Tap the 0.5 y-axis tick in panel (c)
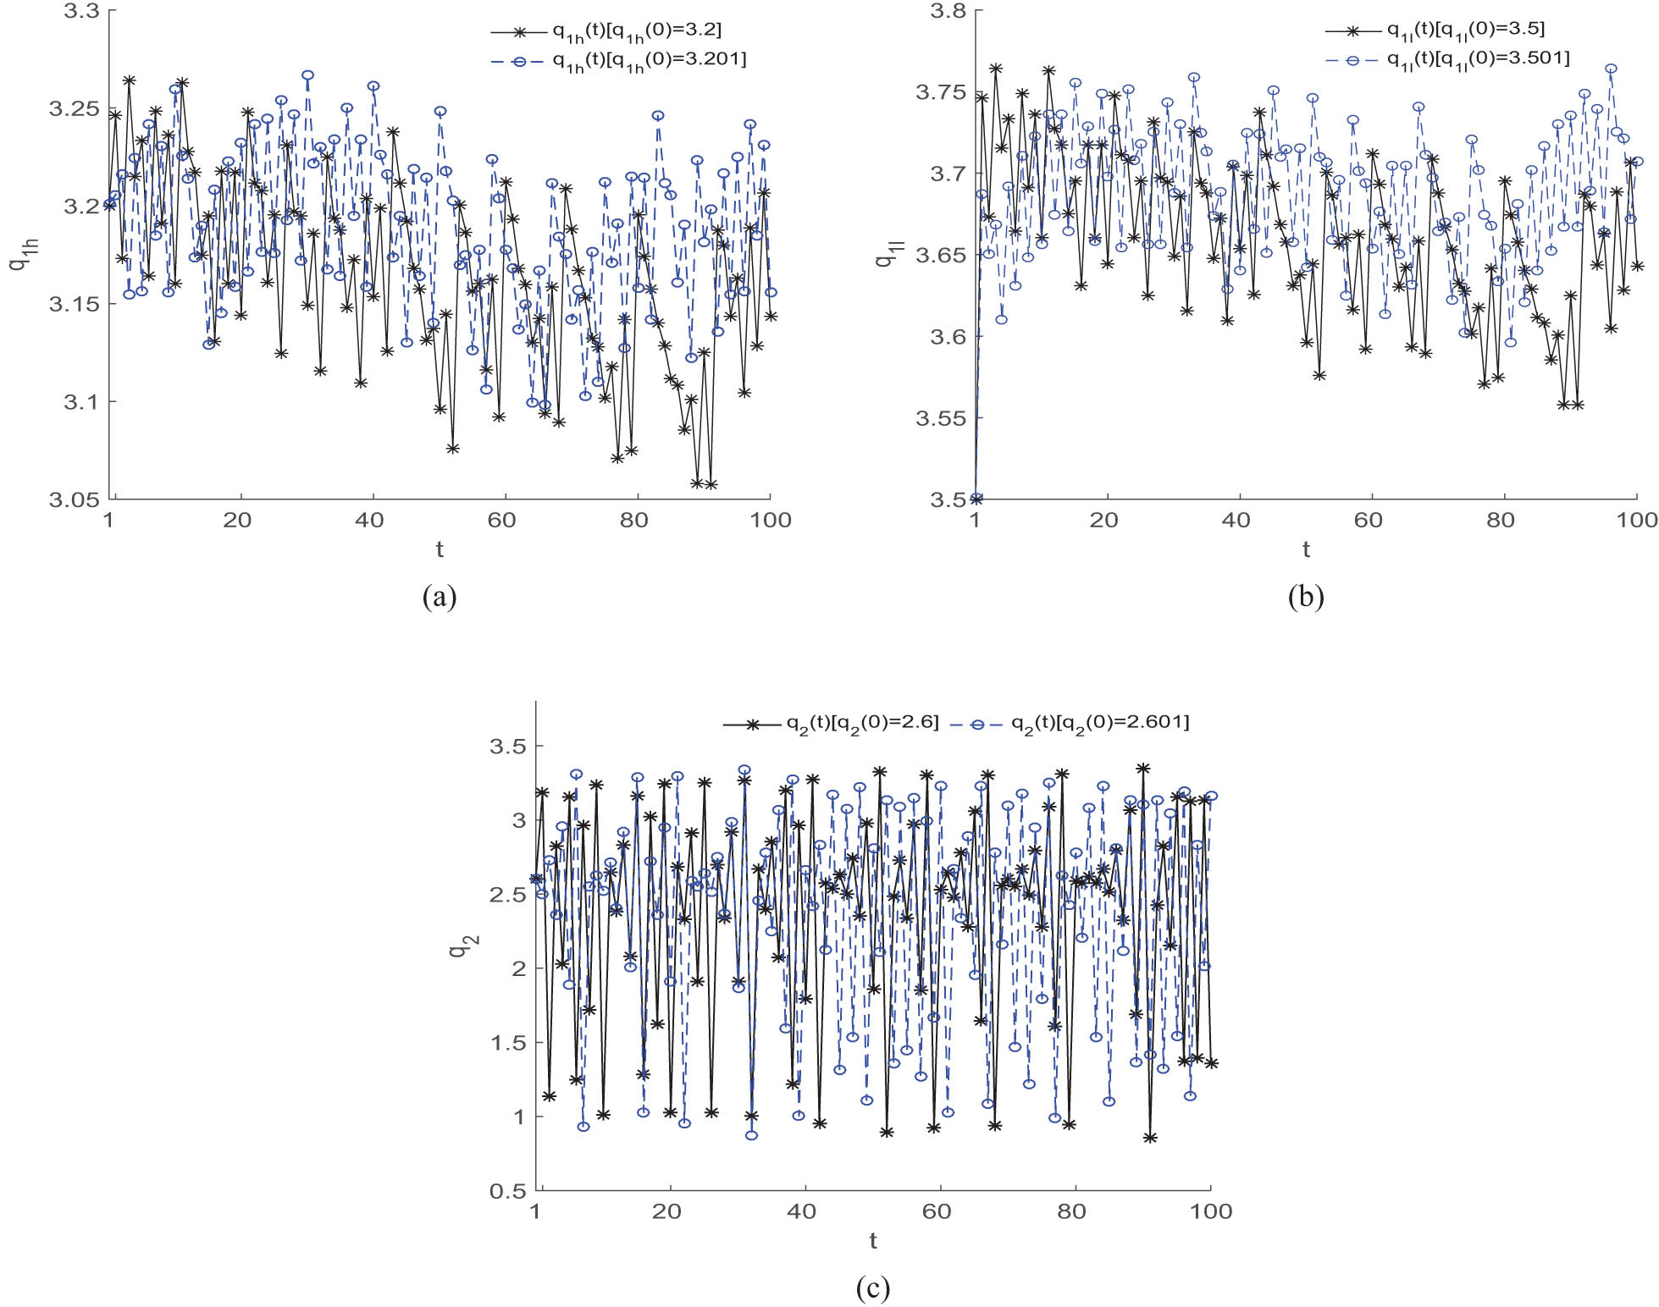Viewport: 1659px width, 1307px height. coord(507,1191)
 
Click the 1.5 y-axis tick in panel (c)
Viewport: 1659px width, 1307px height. coord(507,1043)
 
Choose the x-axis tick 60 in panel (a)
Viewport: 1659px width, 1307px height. coord(501,520)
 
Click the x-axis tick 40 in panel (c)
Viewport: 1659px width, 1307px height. coord(802,1211)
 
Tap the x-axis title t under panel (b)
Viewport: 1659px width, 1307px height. coord(1306,550)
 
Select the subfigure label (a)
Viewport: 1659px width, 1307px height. coord(439,597)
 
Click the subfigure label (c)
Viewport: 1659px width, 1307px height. coord(872,1288)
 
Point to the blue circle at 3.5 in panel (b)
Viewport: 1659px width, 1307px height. coord(976,499)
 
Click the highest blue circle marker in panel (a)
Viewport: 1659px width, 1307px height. coord(307,75)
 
